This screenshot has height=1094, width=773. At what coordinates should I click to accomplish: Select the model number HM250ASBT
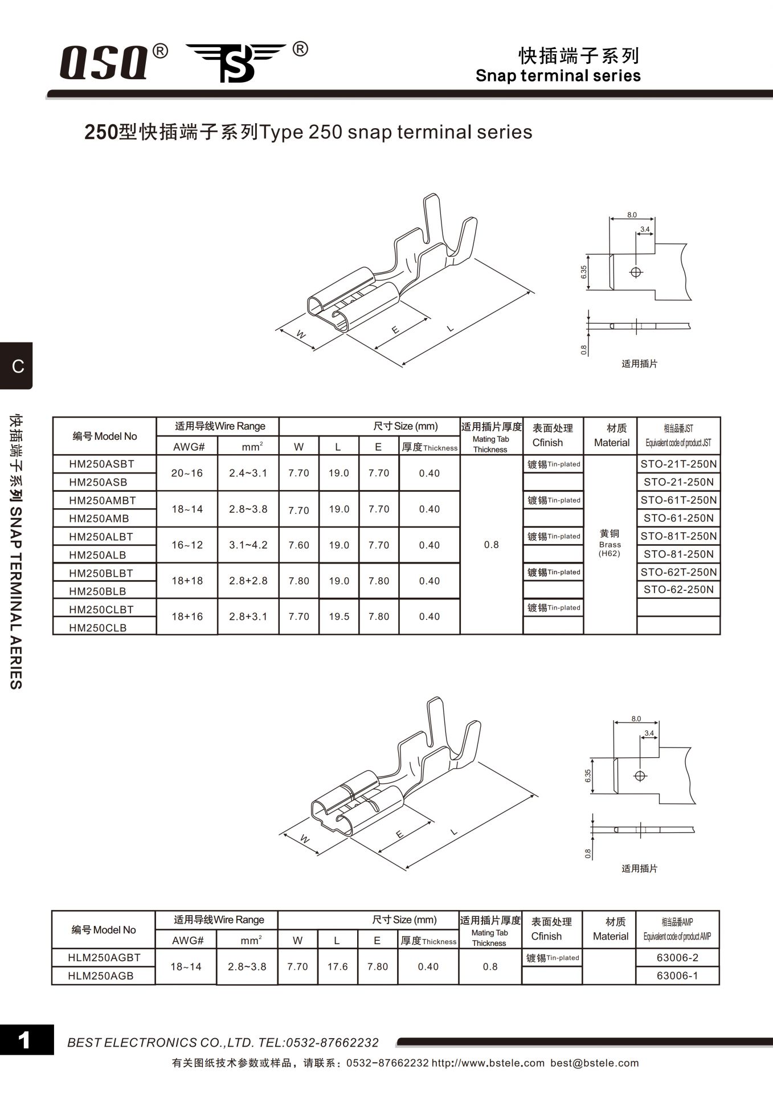point(101,464)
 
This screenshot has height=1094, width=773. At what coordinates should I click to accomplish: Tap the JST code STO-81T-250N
point(678,536)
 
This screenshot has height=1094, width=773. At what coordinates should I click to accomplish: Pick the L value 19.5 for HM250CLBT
point(339,617)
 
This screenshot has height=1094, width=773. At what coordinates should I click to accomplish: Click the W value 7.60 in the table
point(299,545)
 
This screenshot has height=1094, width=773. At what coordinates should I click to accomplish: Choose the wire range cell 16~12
point(187,545)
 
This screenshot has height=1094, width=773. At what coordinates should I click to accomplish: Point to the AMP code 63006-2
point(677,958)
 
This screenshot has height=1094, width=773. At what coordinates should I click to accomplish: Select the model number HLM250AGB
point(101,976)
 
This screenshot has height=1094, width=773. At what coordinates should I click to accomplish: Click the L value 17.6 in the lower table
point(337,967)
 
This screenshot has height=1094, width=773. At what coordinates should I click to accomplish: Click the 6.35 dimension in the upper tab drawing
point(584,272)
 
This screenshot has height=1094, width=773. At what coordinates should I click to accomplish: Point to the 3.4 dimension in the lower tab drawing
point(649,733)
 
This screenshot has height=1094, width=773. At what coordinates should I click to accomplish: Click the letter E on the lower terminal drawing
point(399,835)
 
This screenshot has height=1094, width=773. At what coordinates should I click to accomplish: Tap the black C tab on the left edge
point(17,366)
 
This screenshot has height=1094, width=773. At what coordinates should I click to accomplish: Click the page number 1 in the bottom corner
point(24,1040)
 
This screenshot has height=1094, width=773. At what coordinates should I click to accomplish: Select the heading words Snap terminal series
point(558,76)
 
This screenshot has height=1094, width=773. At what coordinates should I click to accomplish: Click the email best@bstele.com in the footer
point(594,1063)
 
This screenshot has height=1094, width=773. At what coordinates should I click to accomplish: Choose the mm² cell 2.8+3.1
point(248,617)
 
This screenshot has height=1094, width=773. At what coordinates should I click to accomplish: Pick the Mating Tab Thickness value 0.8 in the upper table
point(491,545)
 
